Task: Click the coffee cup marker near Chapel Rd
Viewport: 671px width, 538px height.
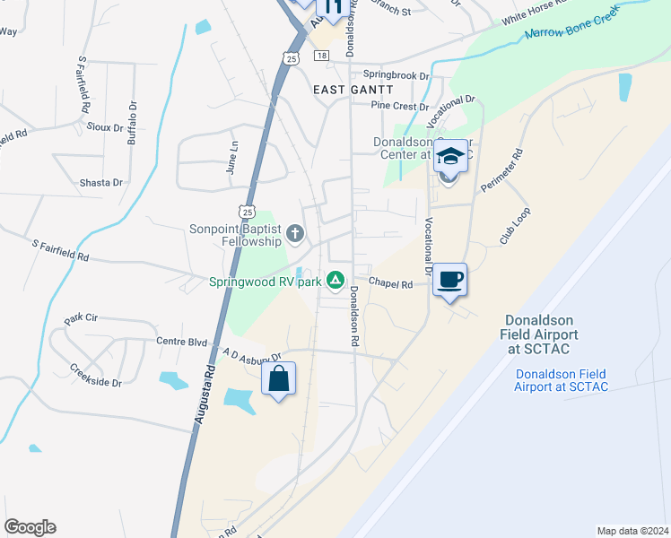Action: click(449, 280)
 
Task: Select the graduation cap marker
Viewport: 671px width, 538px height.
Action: click(449, 158)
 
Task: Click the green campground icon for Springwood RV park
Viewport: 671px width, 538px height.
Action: click(335, 281)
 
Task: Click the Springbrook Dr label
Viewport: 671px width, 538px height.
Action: click(396, 76)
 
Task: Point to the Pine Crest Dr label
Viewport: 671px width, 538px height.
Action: click(399, 106)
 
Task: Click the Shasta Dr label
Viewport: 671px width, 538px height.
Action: click(100, 182)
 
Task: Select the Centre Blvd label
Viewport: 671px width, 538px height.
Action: click(182, 342)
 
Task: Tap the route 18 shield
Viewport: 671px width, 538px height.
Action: click(320, 56)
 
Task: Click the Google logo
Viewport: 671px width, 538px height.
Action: click(30, 527)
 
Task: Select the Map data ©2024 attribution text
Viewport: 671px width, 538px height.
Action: click(632, 531)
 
